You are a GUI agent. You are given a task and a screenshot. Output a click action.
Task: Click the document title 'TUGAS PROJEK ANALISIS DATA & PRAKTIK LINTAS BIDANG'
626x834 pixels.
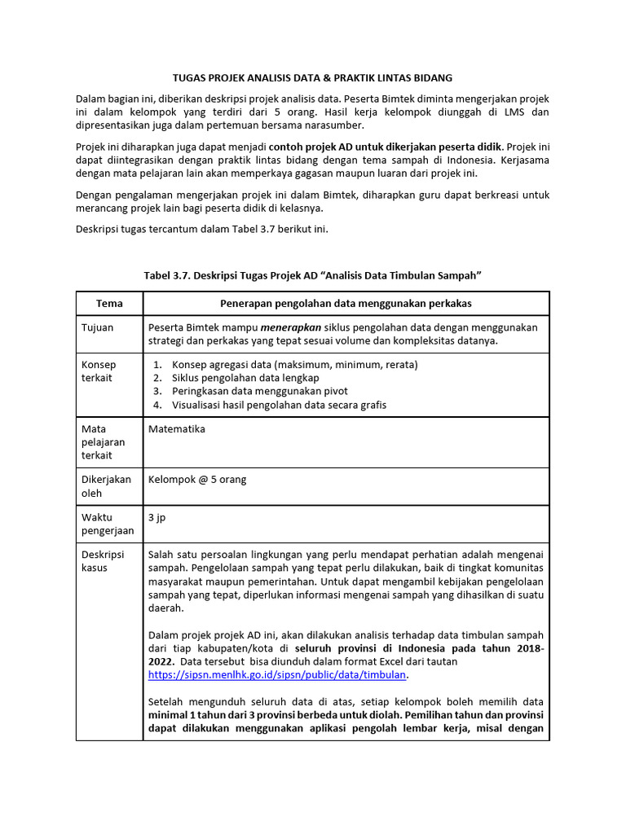coord(312,77)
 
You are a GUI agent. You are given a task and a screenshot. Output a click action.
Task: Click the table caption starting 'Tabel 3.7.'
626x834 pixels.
coord(312,276)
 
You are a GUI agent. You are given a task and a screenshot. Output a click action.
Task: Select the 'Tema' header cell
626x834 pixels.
coord(109,303)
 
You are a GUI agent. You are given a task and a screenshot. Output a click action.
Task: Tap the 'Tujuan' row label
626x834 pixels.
coord(97,327)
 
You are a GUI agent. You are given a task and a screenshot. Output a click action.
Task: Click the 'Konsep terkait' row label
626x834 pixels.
coord(99,371)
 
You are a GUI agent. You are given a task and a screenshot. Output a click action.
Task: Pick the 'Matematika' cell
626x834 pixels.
coord(177,429)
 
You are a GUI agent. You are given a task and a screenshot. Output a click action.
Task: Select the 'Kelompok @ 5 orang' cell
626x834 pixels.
coord(197,480)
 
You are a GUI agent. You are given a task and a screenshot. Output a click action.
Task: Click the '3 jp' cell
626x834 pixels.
coord(156,517)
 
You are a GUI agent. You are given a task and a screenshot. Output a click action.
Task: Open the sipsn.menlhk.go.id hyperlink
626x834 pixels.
coord(277,675)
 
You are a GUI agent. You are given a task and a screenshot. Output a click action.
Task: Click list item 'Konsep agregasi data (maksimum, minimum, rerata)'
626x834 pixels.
coord(294,365)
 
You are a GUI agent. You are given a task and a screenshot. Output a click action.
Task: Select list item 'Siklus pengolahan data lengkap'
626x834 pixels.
coord(245,378)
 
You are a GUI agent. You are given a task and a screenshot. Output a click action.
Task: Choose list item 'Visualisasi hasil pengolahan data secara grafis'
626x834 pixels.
coord(279,405)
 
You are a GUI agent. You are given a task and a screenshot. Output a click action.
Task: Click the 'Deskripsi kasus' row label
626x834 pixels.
coord(103,561)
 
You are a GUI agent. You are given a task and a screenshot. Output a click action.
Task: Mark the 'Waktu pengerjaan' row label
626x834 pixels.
coord(108,524)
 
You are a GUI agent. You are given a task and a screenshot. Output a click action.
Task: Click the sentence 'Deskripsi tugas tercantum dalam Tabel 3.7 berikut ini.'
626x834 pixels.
coord(201,230)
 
